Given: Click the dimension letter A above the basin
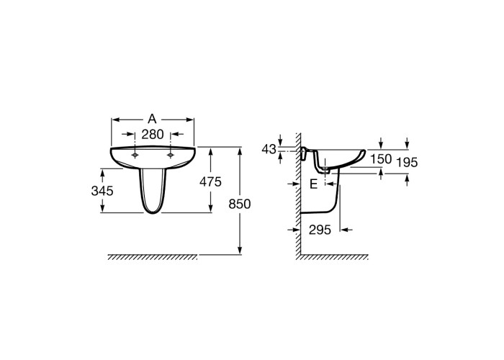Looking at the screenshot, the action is [152, 120].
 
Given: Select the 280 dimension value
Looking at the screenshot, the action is [153, 135].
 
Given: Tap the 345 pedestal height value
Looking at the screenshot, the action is [102, 191].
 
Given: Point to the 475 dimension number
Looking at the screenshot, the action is [210, 182].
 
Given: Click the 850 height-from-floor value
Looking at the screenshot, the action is [240, 204].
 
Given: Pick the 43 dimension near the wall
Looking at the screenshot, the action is [269, 149].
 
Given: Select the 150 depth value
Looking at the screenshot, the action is [381, 159].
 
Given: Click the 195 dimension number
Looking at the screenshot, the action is [407, 163].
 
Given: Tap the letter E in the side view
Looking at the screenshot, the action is [313, 184].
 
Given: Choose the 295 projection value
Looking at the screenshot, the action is [320, 230].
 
